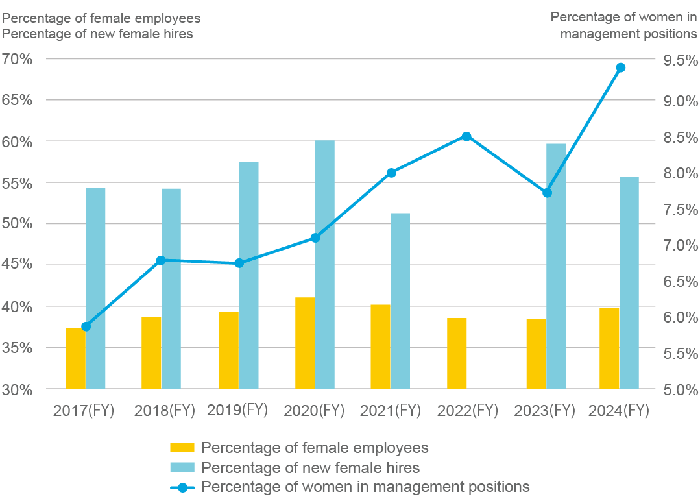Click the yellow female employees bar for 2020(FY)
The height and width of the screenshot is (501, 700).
pos(305,343)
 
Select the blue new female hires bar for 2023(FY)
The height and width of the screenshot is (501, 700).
pos(556,266)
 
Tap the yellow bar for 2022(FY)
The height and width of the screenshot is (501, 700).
pos(457,354)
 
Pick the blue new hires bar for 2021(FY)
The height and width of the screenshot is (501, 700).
pos(400,301)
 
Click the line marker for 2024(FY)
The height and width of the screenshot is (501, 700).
pos(620,67)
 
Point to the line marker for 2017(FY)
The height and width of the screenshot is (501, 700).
pos(86,326)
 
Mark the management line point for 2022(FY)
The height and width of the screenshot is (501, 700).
pos(466,136)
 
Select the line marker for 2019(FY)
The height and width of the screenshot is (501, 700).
pos(239,263)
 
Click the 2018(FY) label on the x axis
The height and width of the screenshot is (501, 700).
pos(164,410)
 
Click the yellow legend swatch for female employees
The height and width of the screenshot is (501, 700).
pos(182,448)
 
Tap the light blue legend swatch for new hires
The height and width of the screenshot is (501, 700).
pos(182,468)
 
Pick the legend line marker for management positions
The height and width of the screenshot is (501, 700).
pos(182,487)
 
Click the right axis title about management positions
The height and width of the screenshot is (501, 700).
pos(623,25)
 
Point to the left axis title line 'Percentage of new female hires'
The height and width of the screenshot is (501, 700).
pos(98,34)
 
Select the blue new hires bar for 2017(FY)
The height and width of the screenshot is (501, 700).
pos(95,288)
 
